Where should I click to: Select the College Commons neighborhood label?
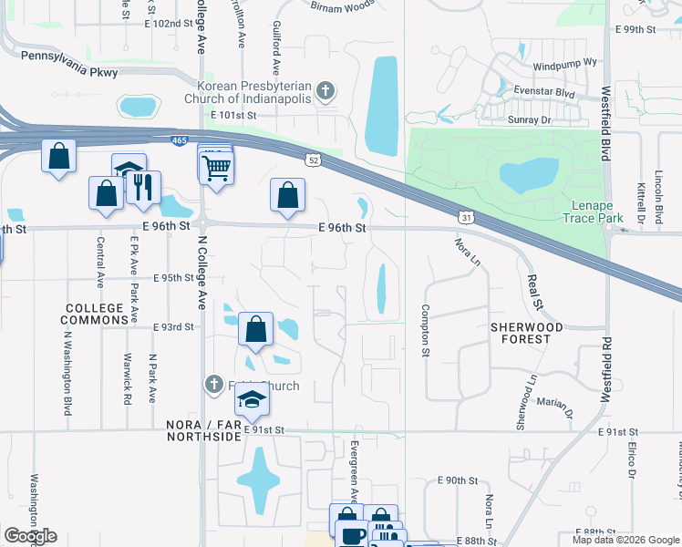pyautogui.click(x=95, y=314)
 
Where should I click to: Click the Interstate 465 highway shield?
pyautogui.click(x=180, y=139)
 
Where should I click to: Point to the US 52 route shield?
pyautogui.click(x=314, y=160)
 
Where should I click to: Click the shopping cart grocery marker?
pyautogui.click(x=216, y=167)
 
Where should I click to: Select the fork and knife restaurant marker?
pyautogui.click(x=142, y=188)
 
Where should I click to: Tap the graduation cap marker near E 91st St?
pyautogui.click(x=252, y=398)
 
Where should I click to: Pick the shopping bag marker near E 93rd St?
pyautogui.click(x=256, y=328)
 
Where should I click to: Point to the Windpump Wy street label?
pyautogui.click(x=564, y=66)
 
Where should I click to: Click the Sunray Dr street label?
pyautogui.click(x=533, y=119)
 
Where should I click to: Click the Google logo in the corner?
pyautogui.click(x=30, y=536)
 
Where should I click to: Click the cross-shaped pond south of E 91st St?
pyautogui.click(x=258, y=479)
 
